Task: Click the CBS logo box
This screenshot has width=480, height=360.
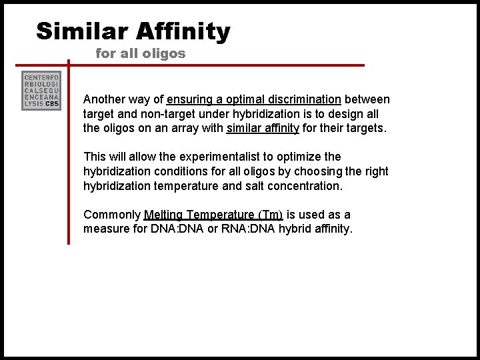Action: (x=41, y=91)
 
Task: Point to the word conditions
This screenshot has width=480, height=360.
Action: (x=174, y=171)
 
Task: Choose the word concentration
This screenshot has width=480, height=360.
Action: (x=307, y=186)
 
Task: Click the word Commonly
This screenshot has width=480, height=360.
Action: (x=111, y=215)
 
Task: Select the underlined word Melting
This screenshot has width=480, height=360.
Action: (x=163, y=215)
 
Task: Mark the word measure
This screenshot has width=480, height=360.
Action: (x=105, y=229)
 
